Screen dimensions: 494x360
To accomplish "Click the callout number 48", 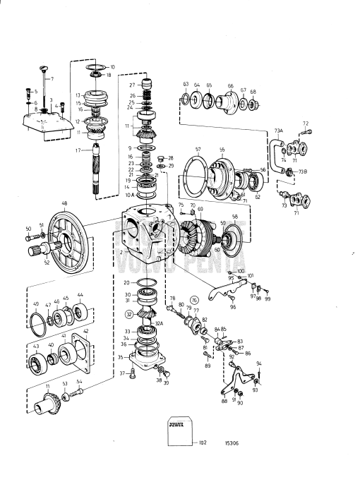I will tap(64, 203).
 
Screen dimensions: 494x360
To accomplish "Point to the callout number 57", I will tap(198, 150).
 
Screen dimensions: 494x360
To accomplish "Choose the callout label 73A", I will tap(278, 131).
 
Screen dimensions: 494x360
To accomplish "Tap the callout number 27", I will tap(131, 85).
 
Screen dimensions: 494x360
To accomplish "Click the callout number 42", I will tap(86, 331).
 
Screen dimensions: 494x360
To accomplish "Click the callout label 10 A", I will tap(128, 195).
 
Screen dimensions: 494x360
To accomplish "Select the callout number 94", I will tap(259, 363).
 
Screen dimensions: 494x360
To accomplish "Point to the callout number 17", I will tap(78, 149).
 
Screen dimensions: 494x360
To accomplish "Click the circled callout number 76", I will tap(194, 299).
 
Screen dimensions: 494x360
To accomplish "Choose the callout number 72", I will tap(306, 123).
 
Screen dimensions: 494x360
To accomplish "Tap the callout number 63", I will tap(186, 85).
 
